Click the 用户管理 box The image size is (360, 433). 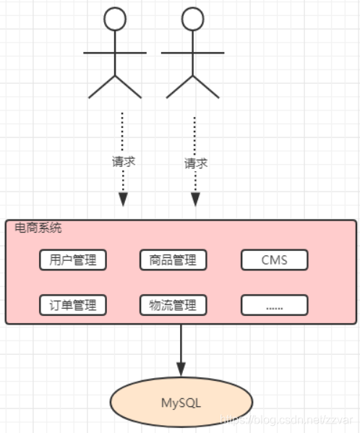[72, 260]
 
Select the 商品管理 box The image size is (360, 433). [173, 260]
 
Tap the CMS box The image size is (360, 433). [274, 260]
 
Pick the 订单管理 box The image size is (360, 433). [72, 305]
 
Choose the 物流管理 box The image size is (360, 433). [173, 305]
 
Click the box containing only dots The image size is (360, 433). [274, 305]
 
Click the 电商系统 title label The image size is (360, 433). [38, 228]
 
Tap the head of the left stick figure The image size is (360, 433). [115, 19]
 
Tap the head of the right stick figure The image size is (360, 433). [192, 19]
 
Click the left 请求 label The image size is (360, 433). [124, 161]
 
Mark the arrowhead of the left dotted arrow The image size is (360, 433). [123, 200]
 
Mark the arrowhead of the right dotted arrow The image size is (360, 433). [194, 200]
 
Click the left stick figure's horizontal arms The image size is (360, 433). [115, 52]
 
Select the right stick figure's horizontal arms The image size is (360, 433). [192, 52]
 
